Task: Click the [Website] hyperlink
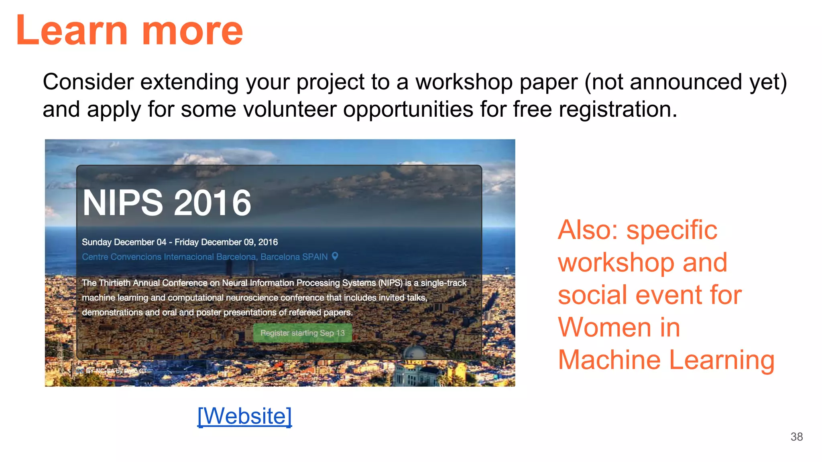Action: click(x=244, y=416)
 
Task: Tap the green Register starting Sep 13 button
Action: click(x=302, y=333)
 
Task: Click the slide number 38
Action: click(x=796, y=437)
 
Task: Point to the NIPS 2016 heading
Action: click(x=167, y=203)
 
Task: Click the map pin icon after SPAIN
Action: click(x=335, y=256)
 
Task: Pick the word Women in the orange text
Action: click(x=604, y=327)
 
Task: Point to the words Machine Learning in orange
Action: click(x=666, y=360)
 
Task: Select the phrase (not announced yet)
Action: click(x=686, y=82)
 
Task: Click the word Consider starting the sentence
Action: click(x=88, y=82)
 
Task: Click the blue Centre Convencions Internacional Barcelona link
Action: click(x=169, y=257)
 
